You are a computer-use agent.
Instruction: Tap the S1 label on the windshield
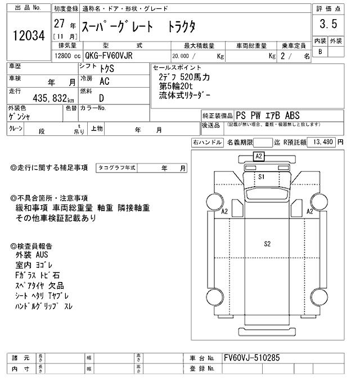click(261, 176)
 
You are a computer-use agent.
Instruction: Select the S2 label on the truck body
click(267, 243)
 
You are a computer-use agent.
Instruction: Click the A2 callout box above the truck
click(259, 156)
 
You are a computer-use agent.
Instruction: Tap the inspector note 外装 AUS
click(33, 254)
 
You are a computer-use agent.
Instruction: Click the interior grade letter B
click(320, 52)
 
